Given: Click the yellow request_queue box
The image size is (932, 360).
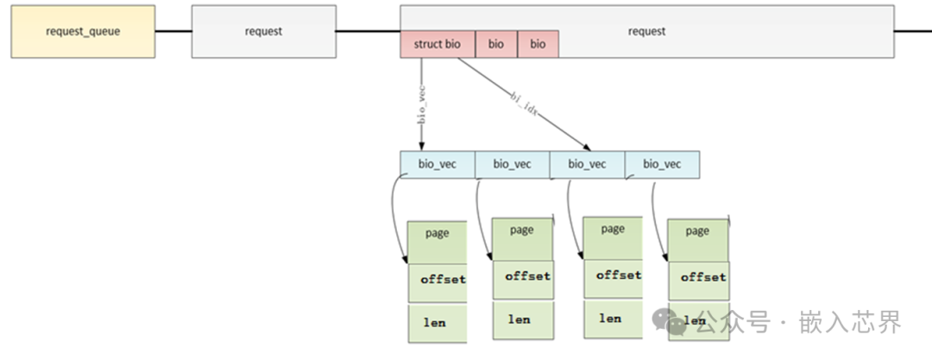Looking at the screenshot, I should tap(83, 31).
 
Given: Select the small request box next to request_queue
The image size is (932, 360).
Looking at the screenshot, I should tap(263, 31).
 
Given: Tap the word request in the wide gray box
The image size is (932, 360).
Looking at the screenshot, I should tap(646, 31).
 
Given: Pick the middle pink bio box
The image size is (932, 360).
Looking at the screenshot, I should tap(496, 44).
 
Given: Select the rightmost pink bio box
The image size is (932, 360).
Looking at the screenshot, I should tap(538, 44).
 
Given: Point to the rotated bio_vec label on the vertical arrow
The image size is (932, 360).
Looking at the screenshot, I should tap(422, 105).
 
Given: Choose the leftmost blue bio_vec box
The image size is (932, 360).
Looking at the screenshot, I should tap(438, 165).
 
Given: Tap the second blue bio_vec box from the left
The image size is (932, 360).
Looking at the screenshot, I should tap(512, 165).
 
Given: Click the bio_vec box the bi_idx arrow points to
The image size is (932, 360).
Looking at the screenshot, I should tap(587, 165).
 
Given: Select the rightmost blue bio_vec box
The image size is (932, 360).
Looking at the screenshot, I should tap(662, 165).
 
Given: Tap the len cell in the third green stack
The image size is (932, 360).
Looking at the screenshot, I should tap(612, 319).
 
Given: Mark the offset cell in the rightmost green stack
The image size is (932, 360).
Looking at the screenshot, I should tap(702, 279).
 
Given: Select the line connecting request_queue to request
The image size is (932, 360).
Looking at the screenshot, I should tap(173, 31).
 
